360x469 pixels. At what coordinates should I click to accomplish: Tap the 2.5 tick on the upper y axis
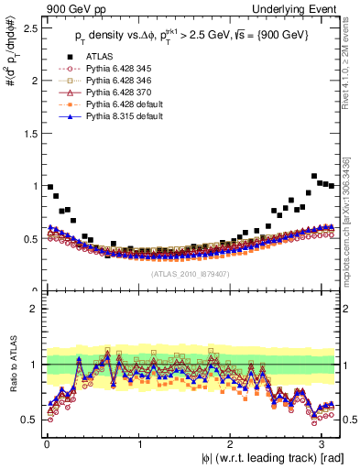(31, 27)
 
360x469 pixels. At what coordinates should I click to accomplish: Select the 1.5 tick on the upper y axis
(31, 133)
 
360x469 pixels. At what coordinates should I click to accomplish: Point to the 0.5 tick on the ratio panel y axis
(31, 420)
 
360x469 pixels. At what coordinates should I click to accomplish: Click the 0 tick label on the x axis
(47, 444)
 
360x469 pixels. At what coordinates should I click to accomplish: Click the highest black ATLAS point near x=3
(314, 176)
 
